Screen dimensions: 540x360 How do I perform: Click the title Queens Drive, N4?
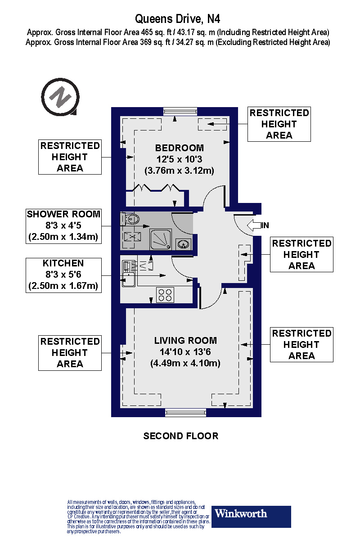tap(178, 19)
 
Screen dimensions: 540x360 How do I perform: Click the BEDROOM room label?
tap(179, 148)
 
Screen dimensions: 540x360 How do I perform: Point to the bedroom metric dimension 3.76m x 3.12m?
tap(179, 171)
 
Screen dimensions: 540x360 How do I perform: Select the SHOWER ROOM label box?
tap(63, 225)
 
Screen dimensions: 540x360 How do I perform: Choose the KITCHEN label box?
tap(63, 274)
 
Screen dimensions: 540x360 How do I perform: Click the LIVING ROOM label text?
tap(185, 341)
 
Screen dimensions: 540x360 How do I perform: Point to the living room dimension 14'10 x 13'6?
tap(185, 352)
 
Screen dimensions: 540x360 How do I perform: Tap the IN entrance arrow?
tap(258, 225)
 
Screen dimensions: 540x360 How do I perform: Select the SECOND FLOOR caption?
tap(181, 436)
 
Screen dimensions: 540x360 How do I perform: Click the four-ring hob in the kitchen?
tap(165, 295)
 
